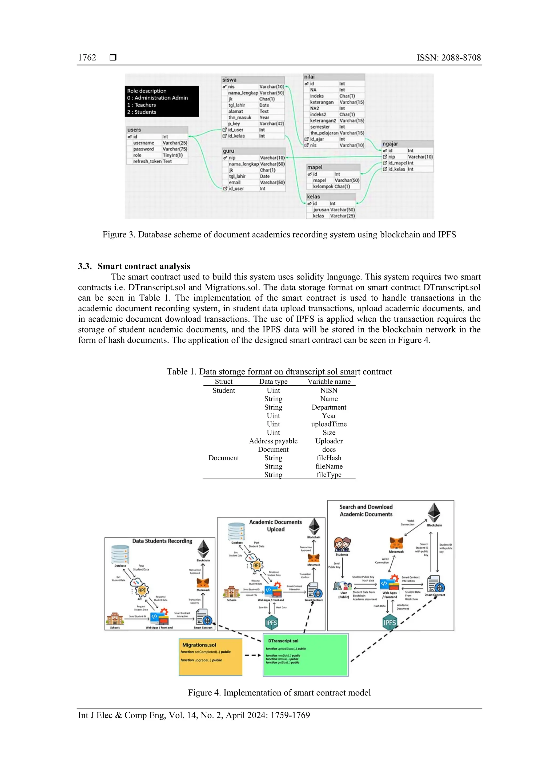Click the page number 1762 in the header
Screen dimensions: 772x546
[x=87, y=58]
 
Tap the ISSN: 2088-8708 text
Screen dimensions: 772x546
[x=448, y=58]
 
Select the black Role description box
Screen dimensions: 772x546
[x=162, y=101]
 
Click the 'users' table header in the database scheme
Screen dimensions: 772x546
[x=134, y=130]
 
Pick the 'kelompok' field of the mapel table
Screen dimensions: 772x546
[x=323, y=187]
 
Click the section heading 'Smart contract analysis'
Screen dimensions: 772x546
[x=144, y=266]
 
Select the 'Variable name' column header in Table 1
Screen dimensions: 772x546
[x=329, y=381]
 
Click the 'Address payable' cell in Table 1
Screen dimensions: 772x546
[x=273, y=441]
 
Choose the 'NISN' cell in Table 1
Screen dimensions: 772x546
[x=329, y=390]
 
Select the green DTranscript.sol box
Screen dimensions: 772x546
[x=306, y=655]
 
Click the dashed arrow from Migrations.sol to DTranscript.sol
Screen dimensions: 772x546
[x=252, y=655]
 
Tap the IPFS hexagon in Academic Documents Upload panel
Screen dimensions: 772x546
[x=271, y=623]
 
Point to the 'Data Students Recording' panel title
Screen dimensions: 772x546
[x=162, y=541]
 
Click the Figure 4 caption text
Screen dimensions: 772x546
[x=279, y=693]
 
